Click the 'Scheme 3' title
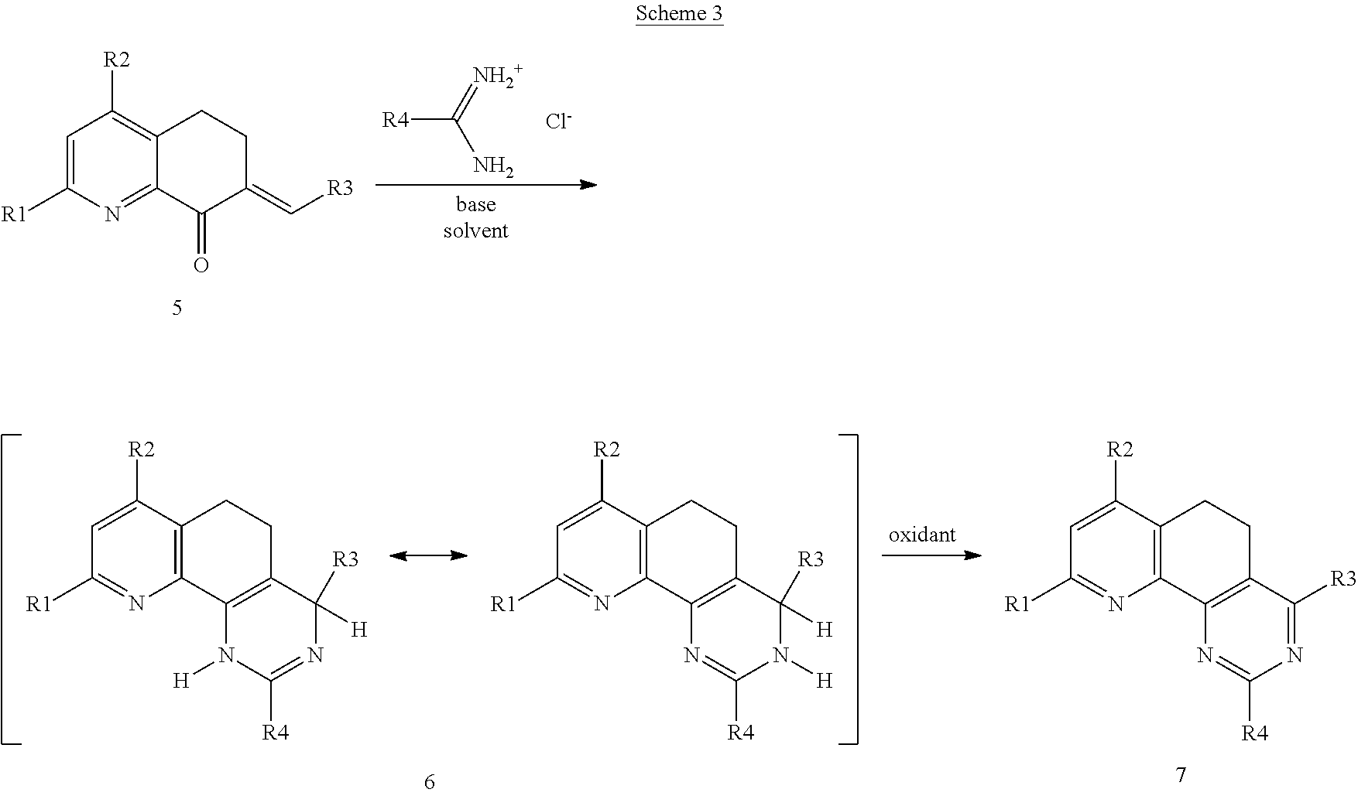click(679, 14)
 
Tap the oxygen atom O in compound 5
click(201, 265)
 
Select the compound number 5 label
click(177, 308)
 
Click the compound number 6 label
click(430, 782)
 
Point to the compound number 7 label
click(1181, 774)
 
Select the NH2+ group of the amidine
click(499, 76)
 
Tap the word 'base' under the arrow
click(475, 205)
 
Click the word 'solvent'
click(475, 231)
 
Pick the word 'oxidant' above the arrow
click(922, 535)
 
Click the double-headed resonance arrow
click(428, 555)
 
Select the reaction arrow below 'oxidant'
click(931, 555)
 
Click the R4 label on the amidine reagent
click(396, 120)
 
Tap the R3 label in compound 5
click(340, 188)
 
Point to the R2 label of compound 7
click(1120, 449)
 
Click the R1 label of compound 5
click(14, 214)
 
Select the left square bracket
click(9, 589)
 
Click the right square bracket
click(849, 589)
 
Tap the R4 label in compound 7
click(1255, 733)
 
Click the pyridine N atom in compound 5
click(113, 214)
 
